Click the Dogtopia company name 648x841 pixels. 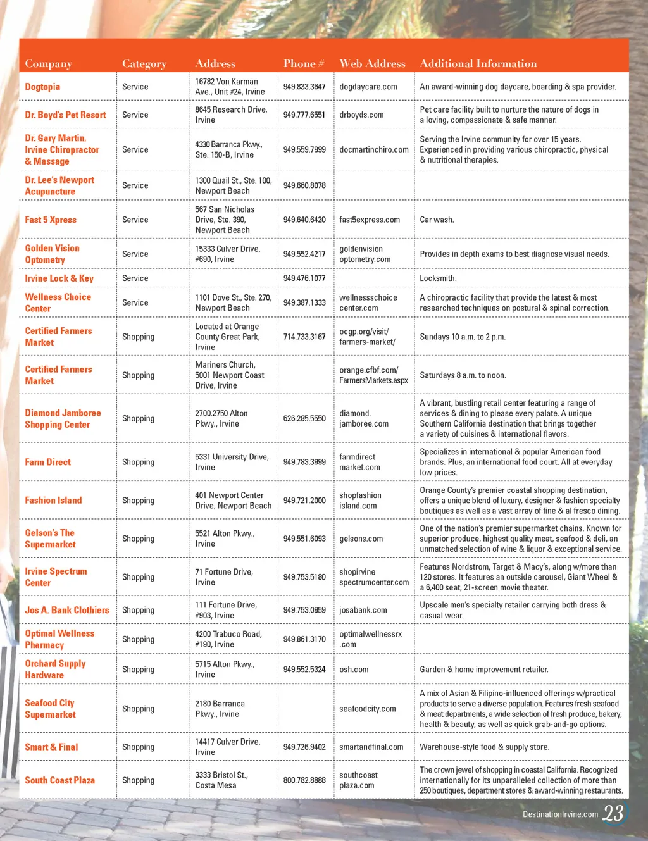click(42, 87)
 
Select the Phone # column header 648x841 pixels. click(304, 63)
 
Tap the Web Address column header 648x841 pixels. click(372, 63)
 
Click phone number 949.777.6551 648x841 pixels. click(304, 115)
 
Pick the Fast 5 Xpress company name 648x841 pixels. click(51, 220)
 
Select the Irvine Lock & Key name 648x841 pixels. click(59, 278)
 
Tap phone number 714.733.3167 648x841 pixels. click(304, 337)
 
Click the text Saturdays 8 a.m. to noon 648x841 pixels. click(463, 375)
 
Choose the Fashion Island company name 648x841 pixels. click(53, 500)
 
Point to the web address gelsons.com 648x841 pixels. click(361, 539)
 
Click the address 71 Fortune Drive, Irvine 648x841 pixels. click(224, 577)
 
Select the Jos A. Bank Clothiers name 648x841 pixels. click(67, 610)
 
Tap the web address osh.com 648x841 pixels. click(354, 669)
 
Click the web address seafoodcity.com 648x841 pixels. click(367, 709)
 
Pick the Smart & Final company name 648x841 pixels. click(51, 747)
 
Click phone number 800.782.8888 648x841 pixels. click(304, 780)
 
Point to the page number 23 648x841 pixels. click(613, 813)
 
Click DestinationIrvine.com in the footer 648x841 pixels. click(560, 814)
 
